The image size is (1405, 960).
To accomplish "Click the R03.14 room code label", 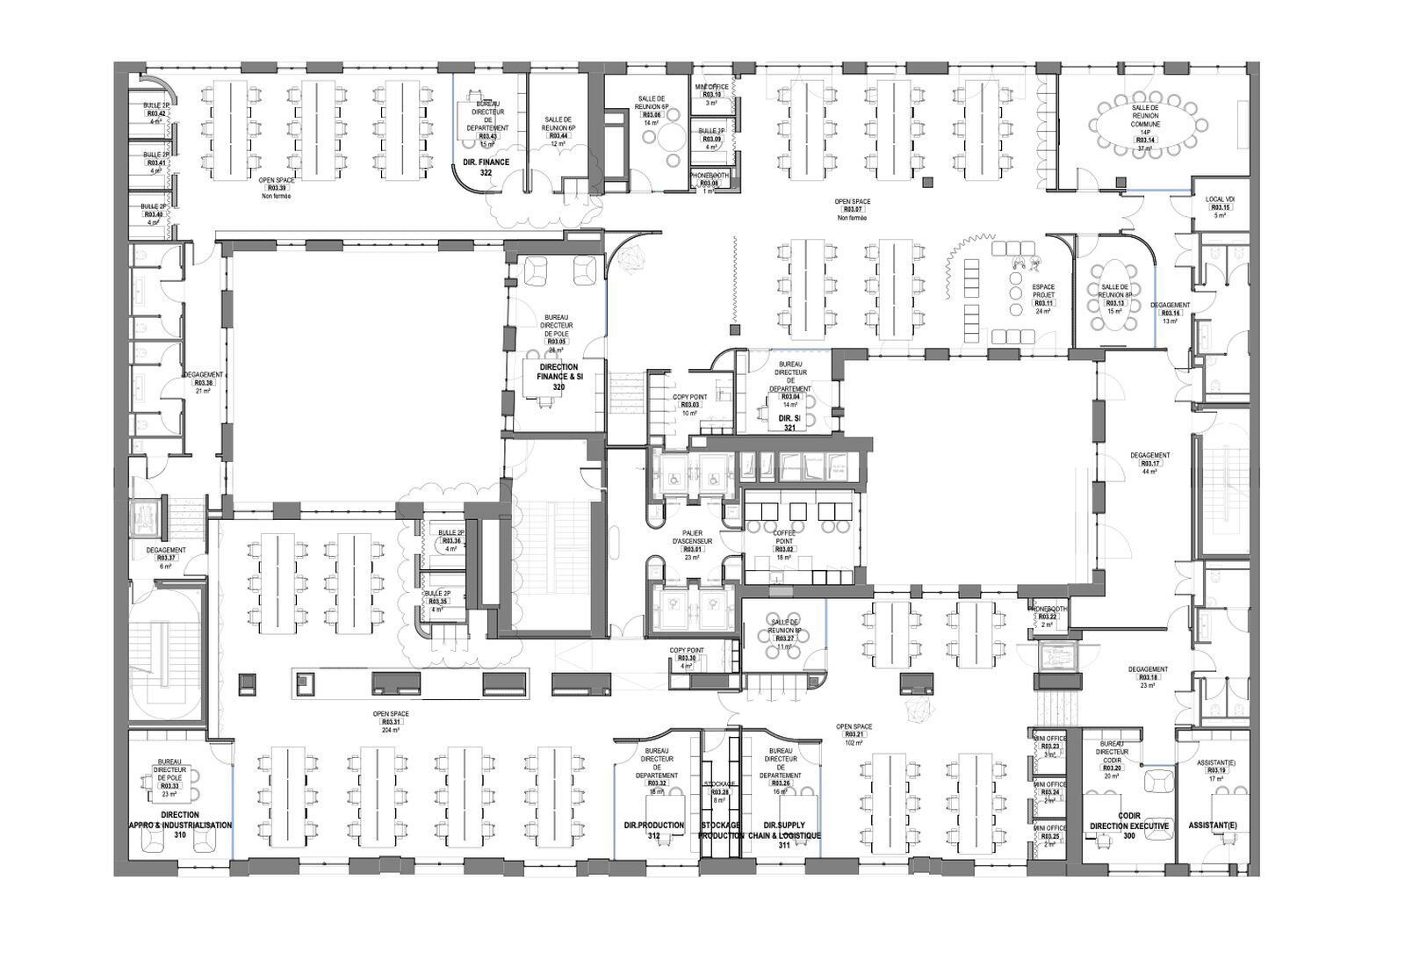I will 1144,141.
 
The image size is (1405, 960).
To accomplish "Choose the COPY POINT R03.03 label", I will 689,405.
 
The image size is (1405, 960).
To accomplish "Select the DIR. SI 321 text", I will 789,423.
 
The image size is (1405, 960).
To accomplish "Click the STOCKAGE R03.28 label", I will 719,791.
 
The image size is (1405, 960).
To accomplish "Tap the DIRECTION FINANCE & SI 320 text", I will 558,377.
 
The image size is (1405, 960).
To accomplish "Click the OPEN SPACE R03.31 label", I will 391,721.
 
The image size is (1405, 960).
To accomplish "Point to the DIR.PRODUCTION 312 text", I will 653,831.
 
